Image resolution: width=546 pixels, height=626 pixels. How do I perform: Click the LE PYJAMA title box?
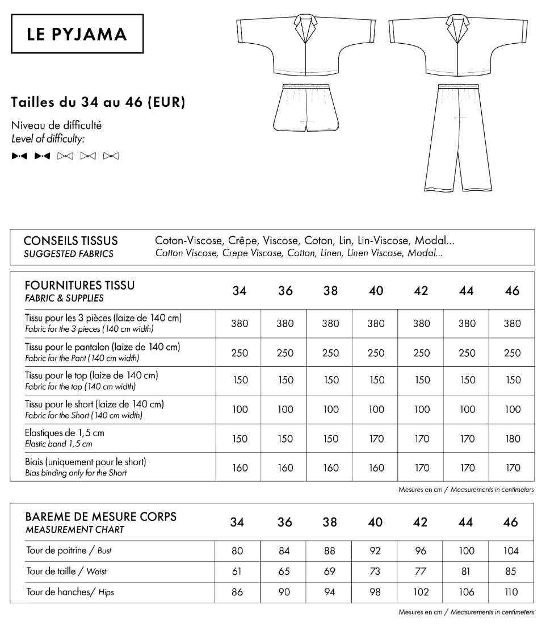[x=77, y=35]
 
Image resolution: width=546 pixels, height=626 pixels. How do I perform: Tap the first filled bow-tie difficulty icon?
[x=19, y=156]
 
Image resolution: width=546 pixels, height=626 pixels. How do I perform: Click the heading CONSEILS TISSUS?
[x=71, y=241]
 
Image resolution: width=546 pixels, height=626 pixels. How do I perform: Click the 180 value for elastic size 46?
[x=512, y=439]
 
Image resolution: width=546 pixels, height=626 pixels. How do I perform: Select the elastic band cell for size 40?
[x=376, y=439]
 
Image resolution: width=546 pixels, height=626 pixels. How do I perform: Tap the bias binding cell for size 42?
[x=421, y=468]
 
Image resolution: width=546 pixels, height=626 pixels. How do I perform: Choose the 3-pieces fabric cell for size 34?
[x=240, y=324]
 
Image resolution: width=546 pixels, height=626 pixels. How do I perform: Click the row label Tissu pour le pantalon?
[x=103, y=347]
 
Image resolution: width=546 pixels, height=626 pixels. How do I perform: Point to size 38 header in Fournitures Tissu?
[x=330, y=291]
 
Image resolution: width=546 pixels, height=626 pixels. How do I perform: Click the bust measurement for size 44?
[x=466, y=550]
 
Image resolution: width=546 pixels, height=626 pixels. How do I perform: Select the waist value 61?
[x=237, y=571]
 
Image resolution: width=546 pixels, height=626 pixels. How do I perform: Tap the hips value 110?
[x=511, y=592]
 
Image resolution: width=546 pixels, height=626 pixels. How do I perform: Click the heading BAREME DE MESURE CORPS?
[x=101, y=517]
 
